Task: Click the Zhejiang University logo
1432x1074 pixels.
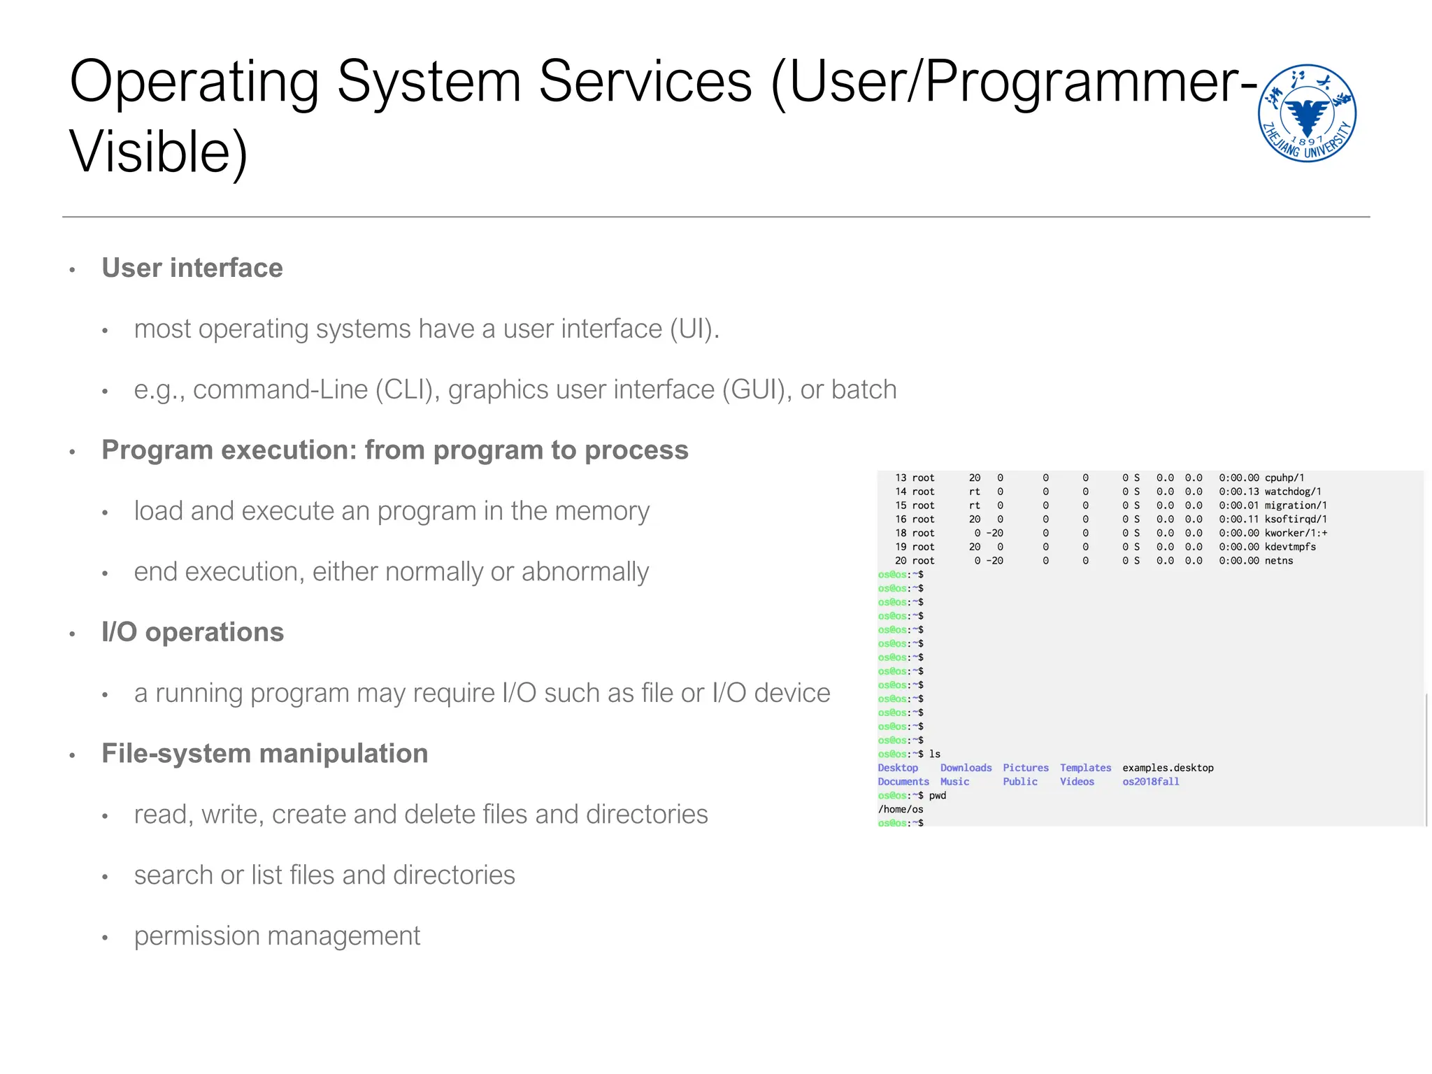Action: [x=1306, y=113]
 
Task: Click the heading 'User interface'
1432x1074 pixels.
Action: [x=192, y=268]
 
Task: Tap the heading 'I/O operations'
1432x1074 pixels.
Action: [x=193, y=632]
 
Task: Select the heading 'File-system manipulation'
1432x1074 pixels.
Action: [x=265, y=754]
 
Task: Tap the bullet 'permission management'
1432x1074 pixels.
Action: [x=277, y=936]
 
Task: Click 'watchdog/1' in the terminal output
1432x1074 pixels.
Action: [x=1293, y=492]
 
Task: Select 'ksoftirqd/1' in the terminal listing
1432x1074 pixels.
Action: [x=1296, y=520]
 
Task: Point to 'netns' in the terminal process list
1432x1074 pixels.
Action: [x=1279, y=561]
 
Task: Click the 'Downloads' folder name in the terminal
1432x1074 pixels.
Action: [x=966, y=768]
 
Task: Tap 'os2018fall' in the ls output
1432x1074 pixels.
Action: [x=1151, y=782]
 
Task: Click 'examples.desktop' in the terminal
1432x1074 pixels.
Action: [x=1168, y=768]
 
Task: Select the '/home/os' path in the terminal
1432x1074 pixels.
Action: [x=901, y=810]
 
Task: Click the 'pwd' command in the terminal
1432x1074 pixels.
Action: [x=938, y=796]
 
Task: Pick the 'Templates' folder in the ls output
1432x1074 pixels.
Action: [x=1085, y=768]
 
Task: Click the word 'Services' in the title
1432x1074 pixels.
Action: [x=645, y=82]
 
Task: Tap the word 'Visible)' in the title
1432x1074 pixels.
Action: [x=159, y=152]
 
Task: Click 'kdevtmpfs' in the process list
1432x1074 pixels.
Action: [x=1290, y=547]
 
